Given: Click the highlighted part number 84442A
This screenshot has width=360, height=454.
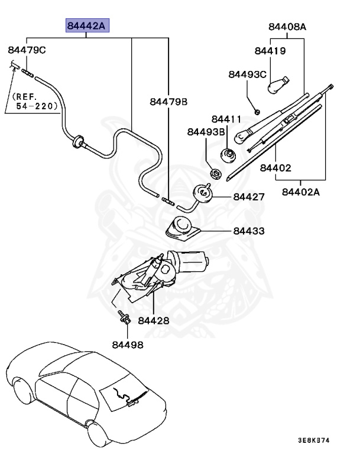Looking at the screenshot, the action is pyautogui.click(x=87, y=26).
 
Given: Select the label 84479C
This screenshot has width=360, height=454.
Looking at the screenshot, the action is pyautogui.click(x=27, y=50).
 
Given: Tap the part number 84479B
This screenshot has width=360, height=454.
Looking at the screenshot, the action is pyautogui.click(x=168, y=102).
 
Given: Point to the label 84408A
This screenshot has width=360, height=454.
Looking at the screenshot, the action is pyautogui.click(x=287, y=27).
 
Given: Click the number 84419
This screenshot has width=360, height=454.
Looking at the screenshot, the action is pyautogui.click(x=270, y=51).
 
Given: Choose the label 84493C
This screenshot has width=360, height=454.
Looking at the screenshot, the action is pyautogui.click(x=247, y=74).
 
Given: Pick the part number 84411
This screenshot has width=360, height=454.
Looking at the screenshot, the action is pyautogui.click(x=226, y=119).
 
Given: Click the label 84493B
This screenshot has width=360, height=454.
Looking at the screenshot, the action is pyautogui.click(x=206, y=132).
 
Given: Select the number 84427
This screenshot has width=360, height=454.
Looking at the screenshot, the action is pyautogui.click(x=249, y=197).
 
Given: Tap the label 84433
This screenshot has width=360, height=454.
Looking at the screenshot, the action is pyautogui.click(x=249, y=231).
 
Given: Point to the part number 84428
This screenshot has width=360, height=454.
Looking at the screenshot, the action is pyautogui.click(x=154, y=320).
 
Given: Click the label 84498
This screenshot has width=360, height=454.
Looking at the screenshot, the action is pyautogui.click(x=128, y=345).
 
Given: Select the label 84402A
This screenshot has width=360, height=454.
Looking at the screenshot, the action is pyautogui.click(x=301, y=192).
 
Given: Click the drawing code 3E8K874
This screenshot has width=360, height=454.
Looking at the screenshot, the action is pyautogui.click(x=314, y=440).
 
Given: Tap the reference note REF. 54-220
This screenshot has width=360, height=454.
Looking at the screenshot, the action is pyautogui.click(x=34, y=101).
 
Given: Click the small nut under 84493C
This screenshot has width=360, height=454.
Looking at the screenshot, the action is pyautogui.click(x=257, y=112).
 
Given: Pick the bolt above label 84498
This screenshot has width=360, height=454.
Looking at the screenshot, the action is pyautogui.click(x=124, y=317).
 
